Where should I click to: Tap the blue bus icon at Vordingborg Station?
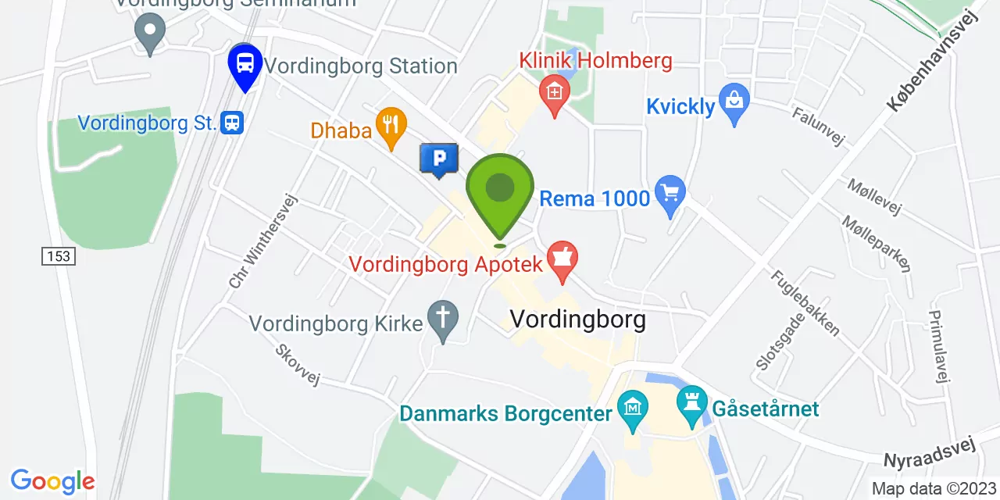click(245, 63)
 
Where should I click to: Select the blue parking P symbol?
click(439, 159)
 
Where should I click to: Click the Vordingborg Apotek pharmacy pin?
click(562, 259)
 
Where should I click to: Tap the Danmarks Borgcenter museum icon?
click(632, 407)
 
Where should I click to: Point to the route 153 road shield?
click(59, 255)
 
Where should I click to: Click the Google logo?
click(52, 480)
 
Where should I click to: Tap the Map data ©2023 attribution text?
click(934, 489)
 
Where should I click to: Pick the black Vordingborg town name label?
click(577, 320)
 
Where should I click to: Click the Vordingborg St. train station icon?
click(232, 123)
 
